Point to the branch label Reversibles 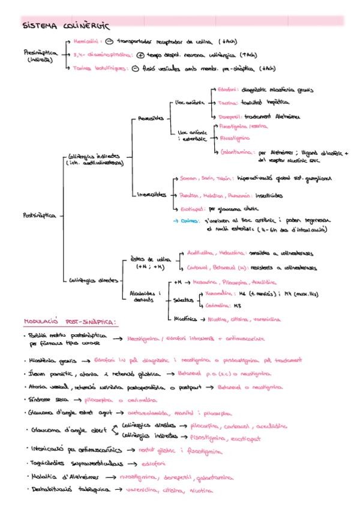click(151, 118)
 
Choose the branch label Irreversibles click(153, 194)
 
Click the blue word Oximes click(192, 221)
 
